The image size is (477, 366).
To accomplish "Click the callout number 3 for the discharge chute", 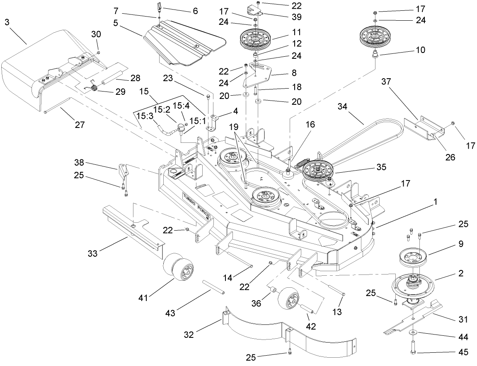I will click(7, 22).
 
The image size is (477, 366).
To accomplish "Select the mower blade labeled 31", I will click(414, 318).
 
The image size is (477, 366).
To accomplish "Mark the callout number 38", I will click(80, 162).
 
